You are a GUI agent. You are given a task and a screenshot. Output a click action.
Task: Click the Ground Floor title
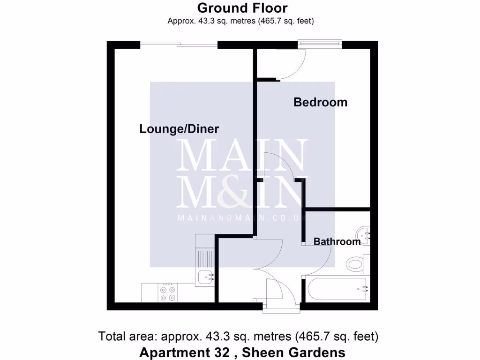click(242, 8)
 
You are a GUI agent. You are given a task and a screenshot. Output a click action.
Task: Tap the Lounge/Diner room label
click(179, 129)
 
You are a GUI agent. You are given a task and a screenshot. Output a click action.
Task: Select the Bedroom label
click(320, 102)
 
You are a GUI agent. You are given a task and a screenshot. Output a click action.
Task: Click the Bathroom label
click(337, 242)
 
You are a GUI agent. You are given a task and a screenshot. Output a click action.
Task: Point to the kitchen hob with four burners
click(168, 293)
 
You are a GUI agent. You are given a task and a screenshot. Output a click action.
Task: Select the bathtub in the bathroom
click(336, 288)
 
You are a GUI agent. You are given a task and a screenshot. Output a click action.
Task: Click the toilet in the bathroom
click(359, 263)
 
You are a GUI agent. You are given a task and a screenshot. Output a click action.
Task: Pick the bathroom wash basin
click(363, 233)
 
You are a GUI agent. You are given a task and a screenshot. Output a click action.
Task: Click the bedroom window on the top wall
click(320, 44)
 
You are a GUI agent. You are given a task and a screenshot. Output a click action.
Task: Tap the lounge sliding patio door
click(179, 45)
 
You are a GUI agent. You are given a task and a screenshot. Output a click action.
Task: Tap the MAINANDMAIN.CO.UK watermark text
click(242, 217)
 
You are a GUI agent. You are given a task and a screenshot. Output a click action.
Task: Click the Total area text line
click(238, 336)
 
